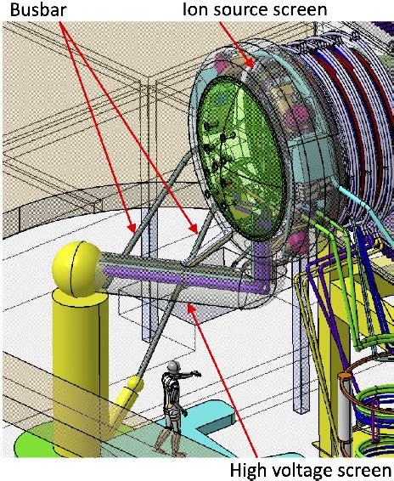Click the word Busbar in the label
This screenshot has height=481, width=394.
pos(38,9)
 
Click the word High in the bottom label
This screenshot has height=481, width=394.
pos(250,471)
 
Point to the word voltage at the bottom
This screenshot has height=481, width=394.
pos(308,471)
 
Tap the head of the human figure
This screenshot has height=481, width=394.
pos(173,366)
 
